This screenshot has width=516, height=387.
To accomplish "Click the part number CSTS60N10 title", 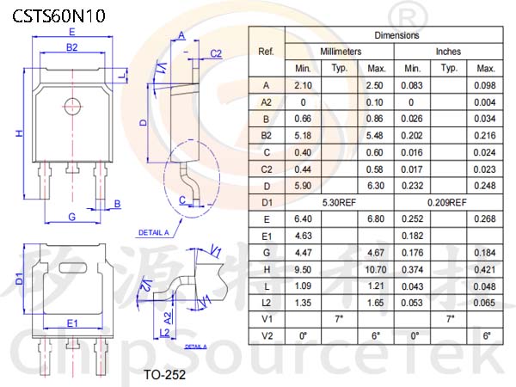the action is coord(58,16).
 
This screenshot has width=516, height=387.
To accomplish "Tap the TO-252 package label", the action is coord(164,374).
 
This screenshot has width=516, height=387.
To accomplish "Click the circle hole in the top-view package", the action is coord(72,107).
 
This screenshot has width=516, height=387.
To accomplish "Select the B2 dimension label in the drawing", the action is coord(72,47).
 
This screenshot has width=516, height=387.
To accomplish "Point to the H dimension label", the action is coord(20,133).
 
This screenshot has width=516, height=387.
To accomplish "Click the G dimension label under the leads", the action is coord(71,217).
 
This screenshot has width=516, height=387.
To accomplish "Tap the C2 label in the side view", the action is coord(216,53).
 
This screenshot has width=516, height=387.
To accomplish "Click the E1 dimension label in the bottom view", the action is coord(72,323).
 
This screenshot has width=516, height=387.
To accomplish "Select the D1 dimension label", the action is coord(20,279).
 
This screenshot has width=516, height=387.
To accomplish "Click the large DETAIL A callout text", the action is coord(154,233).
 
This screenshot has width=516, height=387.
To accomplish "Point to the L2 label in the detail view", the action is coord(164,333).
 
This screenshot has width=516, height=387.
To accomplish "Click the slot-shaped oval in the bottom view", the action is coord(73,267).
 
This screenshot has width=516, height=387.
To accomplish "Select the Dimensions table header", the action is coord(396,35).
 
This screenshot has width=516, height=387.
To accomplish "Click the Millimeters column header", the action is coord(341,52).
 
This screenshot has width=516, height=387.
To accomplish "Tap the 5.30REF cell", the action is coord(339,202).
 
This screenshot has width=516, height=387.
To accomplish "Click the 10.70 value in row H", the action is coord(376,270).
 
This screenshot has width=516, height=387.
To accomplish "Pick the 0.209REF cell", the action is coord(447,202).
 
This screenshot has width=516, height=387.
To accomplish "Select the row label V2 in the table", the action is coord(267,336).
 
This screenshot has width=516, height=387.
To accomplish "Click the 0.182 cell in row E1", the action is coord(412,236).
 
